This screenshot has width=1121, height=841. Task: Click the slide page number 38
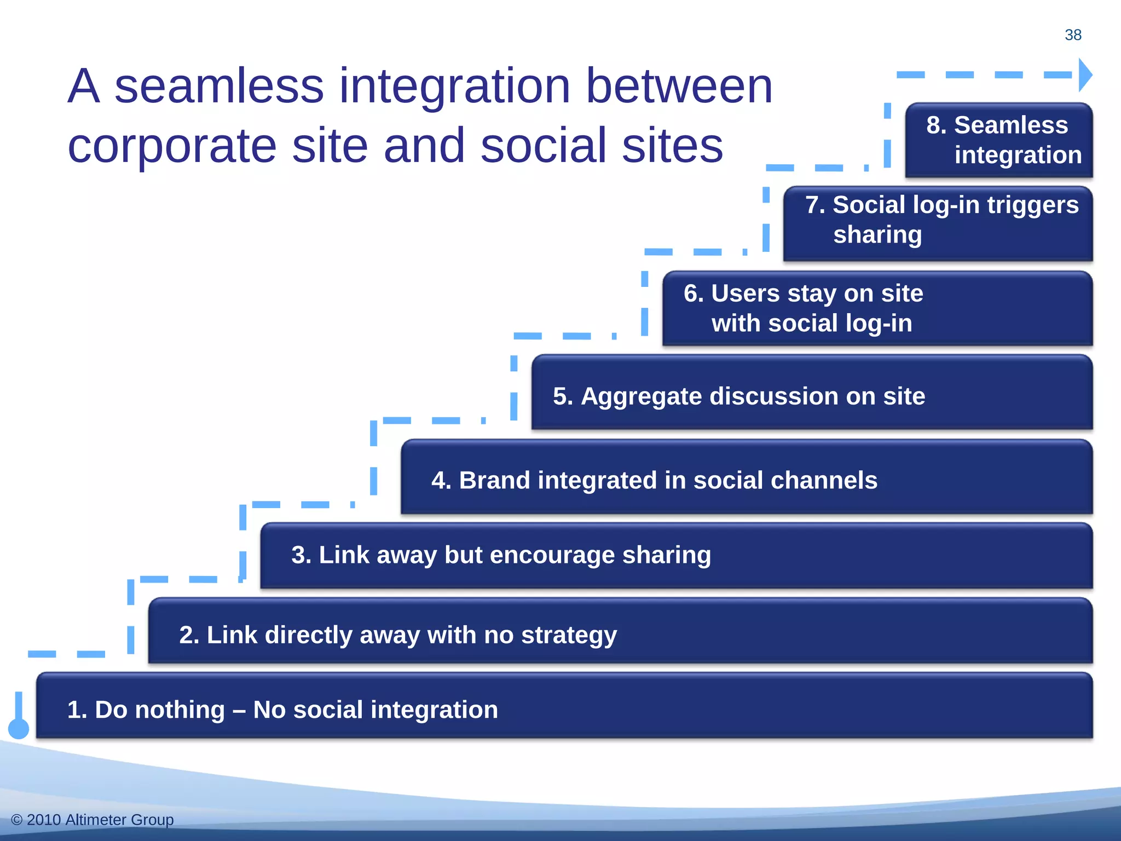coord(1072,35)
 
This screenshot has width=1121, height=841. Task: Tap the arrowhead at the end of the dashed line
coord(1084,75)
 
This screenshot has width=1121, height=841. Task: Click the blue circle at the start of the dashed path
coord(19,728)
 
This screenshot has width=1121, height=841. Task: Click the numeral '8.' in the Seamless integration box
coord(936,125)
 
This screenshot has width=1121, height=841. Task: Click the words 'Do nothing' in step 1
coord(159,710)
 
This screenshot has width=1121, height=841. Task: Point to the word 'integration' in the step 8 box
coord(1018,155)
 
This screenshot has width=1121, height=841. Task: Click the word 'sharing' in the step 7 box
coord(877,235)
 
